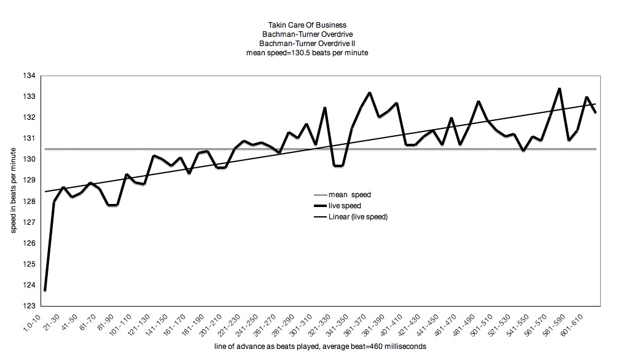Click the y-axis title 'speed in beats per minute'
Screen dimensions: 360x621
coord(13,190)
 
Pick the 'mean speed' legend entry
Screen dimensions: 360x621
coord(350,195)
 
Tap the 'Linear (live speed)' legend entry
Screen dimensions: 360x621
coord(357,217)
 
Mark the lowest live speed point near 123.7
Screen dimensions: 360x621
coord(45,290)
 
